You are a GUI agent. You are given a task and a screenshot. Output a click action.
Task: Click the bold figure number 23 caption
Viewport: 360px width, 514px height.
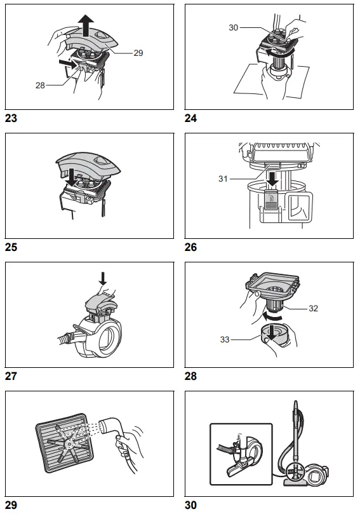coord(11,118)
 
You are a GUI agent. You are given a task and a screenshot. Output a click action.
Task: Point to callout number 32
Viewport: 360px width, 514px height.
coord(313,308)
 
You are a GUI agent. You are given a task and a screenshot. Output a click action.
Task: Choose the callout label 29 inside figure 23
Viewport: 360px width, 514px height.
coord(138,53)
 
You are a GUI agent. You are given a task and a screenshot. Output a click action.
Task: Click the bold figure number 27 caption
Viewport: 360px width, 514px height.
coord(11,376)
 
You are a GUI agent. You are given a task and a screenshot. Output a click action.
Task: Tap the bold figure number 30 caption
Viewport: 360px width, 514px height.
coord(190,505)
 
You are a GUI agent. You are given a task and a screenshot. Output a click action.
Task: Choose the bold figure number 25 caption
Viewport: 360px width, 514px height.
coord(11,247)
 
